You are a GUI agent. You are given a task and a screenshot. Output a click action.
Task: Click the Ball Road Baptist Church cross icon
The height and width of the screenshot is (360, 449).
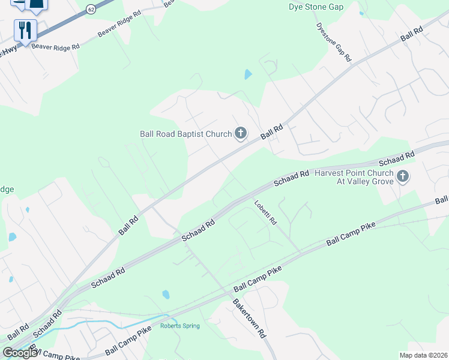click(x=241, y=133)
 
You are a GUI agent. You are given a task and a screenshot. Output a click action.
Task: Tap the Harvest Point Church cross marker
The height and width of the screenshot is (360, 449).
click(x=403, y=176)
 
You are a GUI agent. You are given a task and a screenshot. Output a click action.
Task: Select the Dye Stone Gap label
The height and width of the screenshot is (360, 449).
click(x=316, y=7)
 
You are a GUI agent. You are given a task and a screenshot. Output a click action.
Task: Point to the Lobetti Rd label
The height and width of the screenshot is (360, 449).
click(x=265, y=212)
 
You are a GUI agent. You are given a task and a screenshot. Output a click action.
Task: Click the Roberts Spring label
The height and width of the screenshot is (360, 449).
click(x=179, y=326)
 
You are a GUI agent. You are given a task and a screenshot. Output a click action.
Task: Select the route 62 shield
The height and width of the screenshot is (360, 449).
click(x=91, y=9)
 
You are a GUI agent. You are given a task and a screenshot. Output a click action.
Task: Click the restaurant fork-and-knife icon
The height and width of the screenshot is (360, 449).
click(x=25, y=30)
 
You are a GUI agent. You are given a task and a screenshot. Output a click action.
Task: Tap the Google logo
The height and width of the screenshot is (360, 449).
click(x=20, y=353)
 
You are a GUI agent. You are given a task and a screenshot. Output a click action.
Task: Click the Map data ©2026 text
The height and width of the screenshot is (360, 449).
click(x=424, y=355)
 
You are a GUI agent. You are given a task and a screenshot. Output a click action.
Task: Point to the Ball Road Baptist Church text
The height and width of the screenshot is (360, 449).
click(x=185, y=134)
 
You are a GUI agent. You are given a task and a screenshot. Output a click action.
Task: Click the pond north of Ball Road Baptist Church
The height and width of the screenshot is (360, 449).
click(x=248, y=75)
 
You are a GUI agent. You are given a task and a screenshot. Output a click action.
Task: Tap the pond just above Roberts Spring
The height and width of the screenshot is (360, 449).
click(x=166, y=295)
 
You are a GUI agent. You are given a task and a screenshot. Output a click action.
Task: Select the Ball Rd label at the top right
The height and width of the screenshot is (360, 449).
click(x=412, y=34)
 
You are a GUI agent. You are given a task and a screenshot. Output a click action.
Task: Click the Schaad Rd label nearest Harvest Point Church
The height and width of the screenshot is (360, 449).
click(x=397, y=159)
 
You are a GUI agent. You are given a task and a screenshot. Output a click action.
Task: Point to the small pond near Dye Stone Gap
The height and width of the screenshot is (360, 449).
click(x=361, y=13)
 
